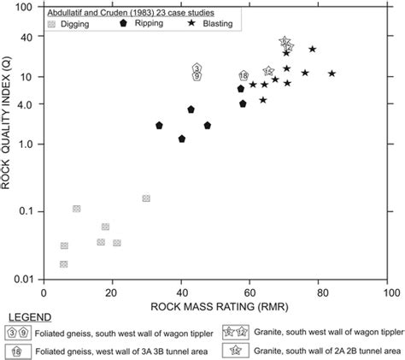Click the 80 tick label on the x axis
click(x=321, y=293)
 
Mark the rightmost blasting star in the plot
click(x=332, y=74)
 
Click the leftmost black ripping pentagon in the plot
click(x=160, y=126)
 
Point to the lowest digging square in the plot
click(x=64, y=264)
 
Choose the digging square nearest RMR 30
click(x=146, y=198)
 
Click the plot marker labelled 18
click(x=244, y=77)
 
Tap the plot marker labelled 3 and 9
click(x=197, y=72)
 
